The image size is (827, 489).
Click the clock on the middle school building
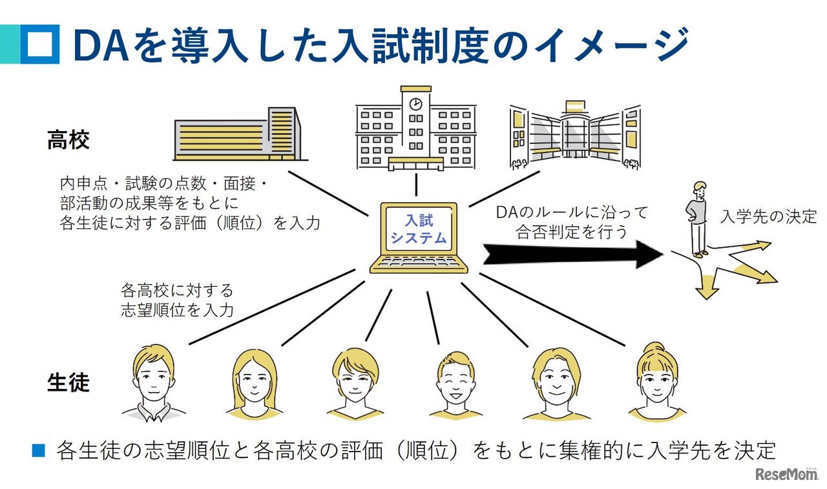point(416,104)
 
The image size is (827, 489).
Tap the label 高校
point(68,140)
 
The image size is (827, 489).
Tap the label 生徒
point(68,382)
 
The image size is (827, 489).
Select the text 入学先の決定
point(768,216)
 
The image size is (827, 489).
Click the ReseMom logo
point(785,474)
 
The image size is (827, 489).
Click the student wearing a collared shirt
point(153,384)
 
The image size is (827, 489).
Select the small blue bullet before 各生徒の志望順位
point(39,450)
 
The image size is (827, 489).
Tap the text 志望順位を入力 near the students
point(177,309)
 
